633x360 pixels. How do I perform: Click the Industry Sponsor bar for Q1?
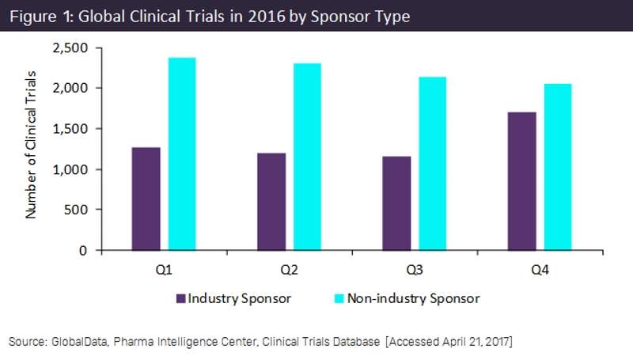[146, 199]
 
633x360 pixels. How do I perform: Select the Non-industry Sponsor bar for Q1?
[181, 154]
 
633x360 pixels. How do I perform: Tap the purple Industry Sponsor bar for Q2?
[271, 202]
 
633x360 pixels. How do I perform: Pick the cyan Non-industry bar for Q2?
[307, 157]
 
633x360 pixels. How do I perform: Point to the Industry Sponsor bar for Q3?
[396, 203]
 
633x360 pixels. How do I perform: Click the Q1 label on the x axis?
[164, 271]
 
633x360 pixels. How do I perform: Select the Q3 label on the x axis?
[414, 271]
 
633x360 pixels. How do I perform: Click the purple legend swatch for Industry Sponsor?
[180, 298]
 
